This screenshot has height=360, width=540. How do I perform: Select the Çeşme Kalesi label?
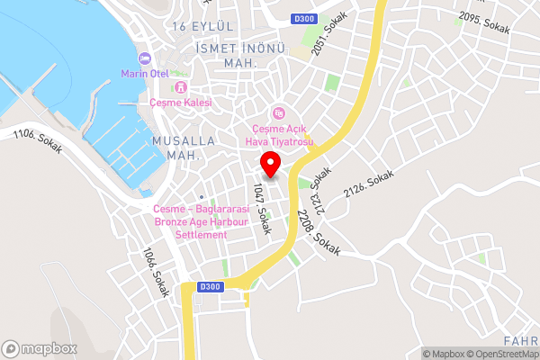click(181, 103)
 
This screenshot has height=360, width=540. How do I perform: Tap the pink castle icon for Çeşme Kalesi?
click(181, 87)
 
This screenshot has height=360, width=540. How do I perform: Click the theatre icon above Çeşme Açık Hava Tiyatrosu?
click(279, 112)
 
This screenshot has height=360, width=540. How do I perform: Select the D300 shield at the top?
click(305, 18)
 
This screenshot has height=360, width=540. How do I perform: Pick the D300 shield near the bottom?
click(209, 286)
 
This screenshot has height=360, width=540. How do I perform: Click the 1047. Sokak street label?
click(262, 208)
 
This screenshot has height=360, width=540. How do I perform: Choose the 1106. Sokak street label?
click(38, 142)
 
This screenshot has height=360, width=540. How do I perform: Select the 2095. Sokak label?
click(484, 22)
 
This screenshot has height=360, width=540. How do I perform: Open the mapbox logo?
click(39, 348)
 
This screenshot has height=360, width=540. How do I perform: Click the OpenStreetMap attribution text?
click(502, 354)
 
